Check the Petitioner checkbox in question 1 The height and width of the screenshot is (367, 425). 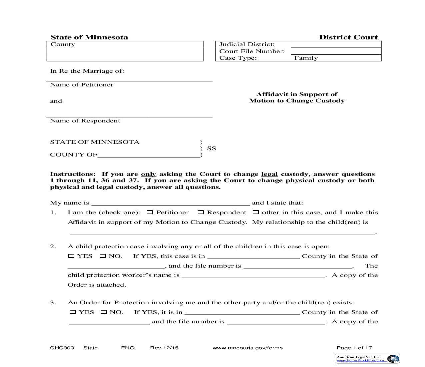pyautogui.click(x=150, y=212)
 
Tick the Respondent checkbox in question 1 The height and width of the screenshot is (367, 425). pyautogui.click(x=200, y=212)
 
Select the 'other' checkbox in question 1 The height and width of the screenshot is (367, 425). pyautogui.click(x=255, y=212)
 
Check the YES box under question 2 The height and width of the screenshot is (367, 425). pyautogui.click(x=71, y=256)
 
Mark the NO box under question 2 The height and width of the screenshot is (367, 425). pyautogui.click(x=103, y=256)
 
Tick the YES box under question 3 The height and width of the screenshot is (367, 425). pyautogui.click(x=73, y=312)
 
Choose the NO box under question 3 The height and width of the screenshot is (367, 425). pyautogui.click(x=104, y=312)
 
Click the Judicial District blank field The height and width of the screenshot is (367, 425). pyautogui.click(x=335, y=44)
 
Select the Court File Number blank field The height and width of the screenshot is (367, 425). pyautogui.click(x=335, y=51)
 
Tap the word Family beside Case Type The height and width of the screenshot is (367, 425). pyautogui.click(x=306, y=58)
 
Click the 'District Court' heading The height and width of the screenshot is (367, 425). pyautogui.click(x=348, y=37)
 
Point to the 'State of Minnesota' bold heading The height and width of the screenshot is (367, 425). pyautogui.click(x=89, y=37)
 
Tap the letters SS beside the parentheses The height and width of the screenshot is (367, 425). pyautogui.click(x=211, y=148)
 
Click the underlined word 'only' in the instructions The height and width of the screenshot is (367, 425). pyautogui.click(x=148, y=174)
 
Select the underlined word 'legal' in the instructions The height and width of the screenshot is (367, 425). pyautogui.click(x=269, y=174)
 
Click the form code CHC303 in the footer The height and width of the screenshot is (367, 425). pyautogui.click(x=62, y=348)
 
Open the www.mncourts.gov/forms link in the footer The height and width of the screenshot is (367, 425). pyautogui.click(x=247, y=348)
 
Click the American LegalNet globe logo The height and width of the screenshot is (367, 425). pyautogui.click(x=393, y=359)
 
